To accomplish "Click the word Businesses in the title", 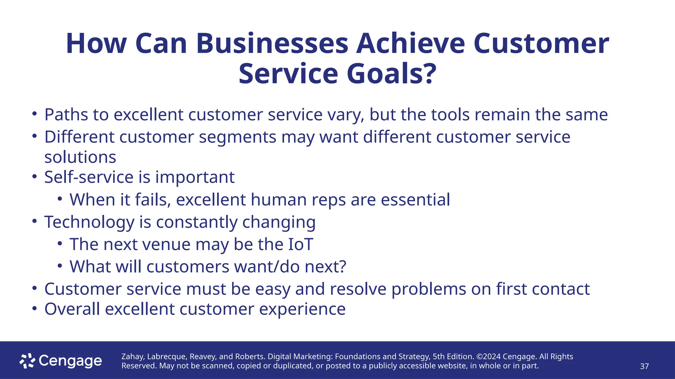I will click(272, 44).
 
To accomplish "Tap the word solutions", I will click(80, 157).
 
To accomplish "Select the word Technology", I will click(89, 222).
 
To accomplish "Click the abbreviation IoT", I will click(300, 244).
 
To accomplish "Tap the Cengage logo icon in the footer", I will click(27, 361).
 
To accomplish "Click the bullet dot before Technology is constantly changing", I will click(34, 221).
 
